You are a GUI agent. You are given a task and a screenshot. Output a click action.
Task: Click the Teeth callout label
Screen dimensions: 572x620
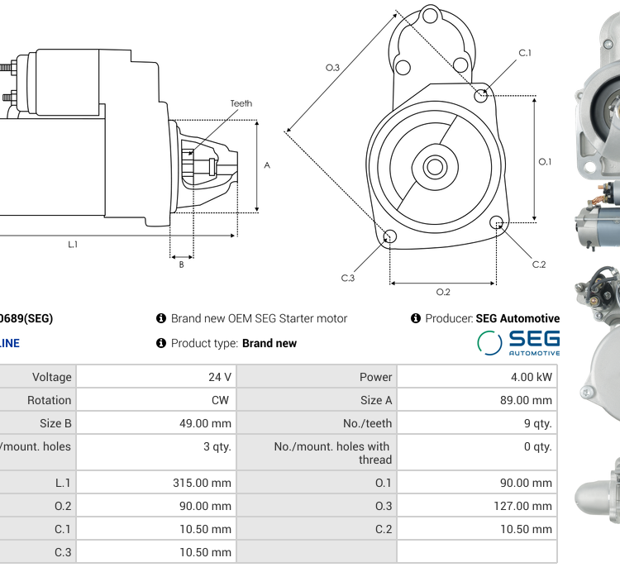tap(241, 103)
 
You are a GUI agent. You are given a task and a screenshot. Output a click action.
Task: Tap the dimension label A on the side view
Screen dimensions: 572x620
tap(267, 165)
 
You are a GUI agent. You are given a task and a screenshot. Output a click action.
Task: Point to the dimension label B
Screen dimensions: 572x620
tap(181, 265)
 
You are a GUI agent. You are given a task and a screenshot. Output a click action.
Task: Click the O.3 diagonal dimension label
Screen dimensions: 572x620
tap(332, 68)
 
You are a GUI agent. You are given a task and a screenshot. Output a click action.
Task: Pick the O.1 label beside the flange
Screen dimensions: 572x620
tap(545, 162)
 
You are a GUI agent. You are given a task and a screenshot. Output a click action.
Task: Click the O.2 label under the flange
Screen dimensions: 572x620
tap(443, 292)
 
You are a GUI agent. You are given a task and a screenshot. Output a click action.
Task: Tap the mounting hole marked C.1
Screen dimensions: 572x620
tap(481, 96)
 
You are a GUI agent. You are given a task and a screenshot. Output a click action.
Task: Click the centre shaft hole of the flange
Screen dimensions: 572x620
tap(434, 167)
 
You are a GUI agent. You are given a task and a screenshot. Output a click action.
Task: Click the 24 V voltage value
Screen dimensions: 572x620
tap(220, 377)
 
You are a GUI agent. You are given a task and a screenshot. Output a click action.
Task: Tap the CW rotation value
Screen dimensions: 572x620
tap(222, 400)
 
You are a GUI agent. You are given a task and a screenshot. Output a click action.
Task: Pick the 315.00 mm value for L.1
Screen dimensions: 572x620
tap(202, 483)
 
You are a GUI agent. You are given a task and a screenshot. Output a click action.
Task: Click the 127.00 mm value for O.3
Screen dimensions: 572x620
tap(523, 506)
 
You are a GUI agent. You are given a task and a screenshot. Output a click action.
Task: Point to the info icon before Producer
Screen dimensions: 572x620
tap(416, 318)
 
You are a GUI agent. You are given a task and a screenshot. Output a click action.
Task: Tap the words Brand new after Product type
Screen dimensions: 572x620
tap(269, 343)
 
